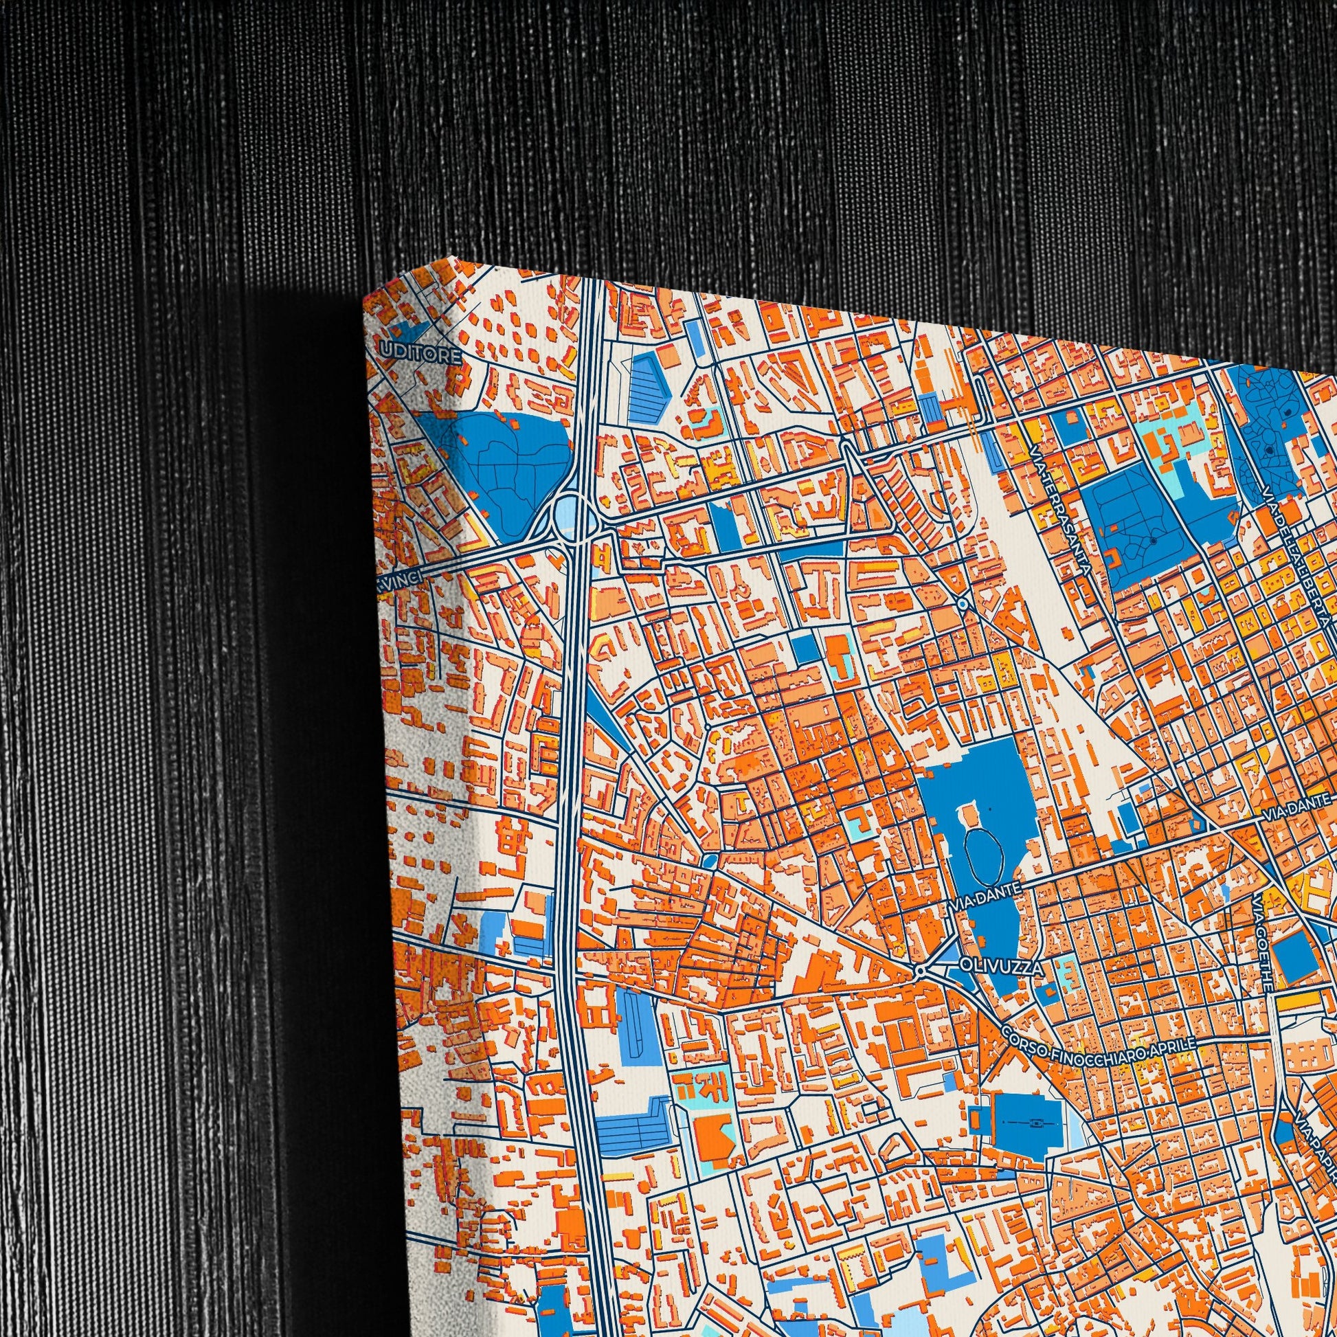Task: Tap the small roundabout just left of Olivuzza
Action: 920,972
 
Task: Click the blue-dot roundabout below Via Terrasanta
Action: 963,604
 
